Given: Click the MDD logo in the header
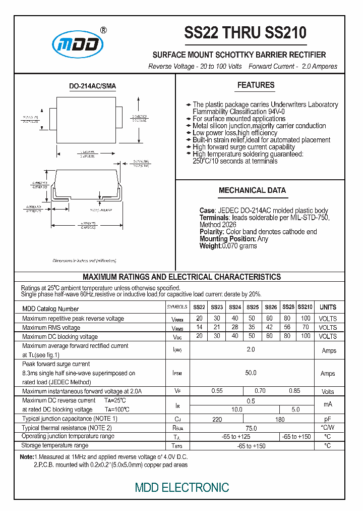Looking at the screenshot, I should [79, 44].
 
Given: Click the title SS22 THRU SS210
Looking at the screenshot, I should [246, 33].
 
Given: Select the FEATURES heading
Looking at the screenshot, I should [256, 85].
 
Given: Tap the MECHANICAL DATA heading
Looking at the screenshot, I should [252, 190].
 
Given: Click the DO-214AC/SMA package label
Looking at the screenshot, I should [92, 86].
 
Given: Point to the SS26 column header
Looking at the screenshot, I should [271, 307].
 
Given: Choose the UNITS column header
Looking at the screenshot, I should [328, 307].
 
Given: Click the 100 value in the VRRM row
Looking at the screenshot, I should [306, 319].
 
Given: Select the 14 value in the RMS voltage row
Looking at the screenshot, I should [199, 328].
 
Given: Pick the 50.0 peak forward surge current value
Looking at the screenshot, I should [251, 373].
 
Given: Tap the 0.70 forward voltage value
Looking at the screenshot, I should [260, 391].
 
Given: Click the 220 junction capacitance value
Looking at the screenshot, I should [217, 419].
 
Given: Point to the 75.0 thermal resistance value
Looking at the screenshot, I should [251, 428].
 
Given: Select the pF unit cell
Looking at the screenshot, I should [328, 419].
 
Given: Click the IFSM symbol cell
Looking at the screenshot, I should [177, 373].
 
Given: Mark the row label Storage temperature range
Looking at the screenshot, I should [55, 445].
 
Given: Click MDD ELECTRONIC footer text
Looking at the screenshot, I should [182, 487].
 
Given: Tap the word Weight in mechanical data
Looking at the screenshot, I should [210, 246].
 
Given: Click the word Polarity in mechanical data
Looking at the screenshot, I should [212, 232].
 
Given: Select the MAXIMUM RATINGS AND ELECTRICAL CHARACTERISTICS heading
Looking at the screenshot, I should [181, 277].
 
